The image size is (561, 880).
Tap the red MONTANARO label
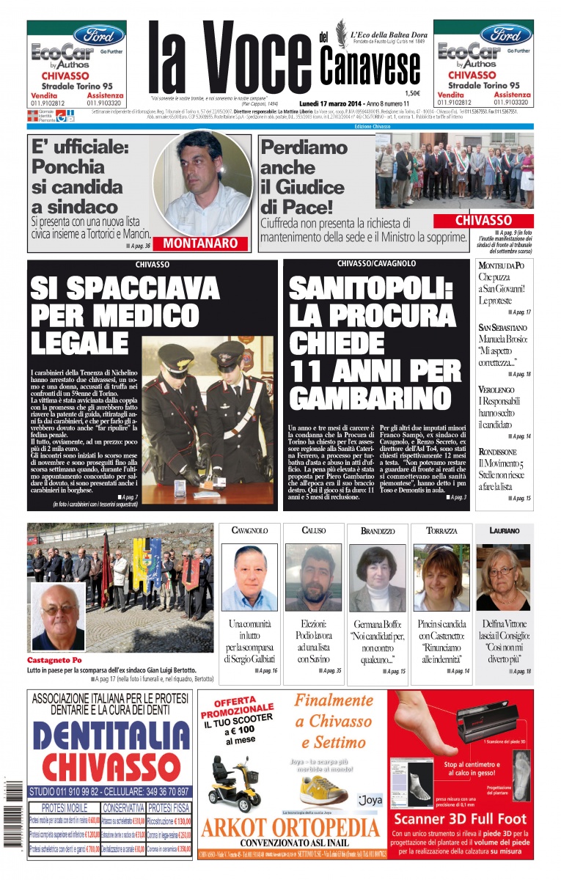point(199,243)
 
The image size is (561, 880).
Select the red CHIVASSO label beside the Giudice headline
point(483,220)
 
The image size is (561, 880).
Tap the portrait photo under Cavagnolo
point(249,577)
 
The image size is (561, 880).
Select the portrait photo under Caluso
point(313,577)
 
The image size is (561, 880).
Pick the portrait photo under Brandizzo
point(377,578)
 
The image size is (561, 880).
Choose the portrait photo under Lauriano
point(503,577)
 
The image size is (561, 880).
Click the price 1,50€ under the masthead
point(412,93)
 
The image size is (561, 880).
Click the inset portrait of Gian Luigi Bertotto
point(58,617)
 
